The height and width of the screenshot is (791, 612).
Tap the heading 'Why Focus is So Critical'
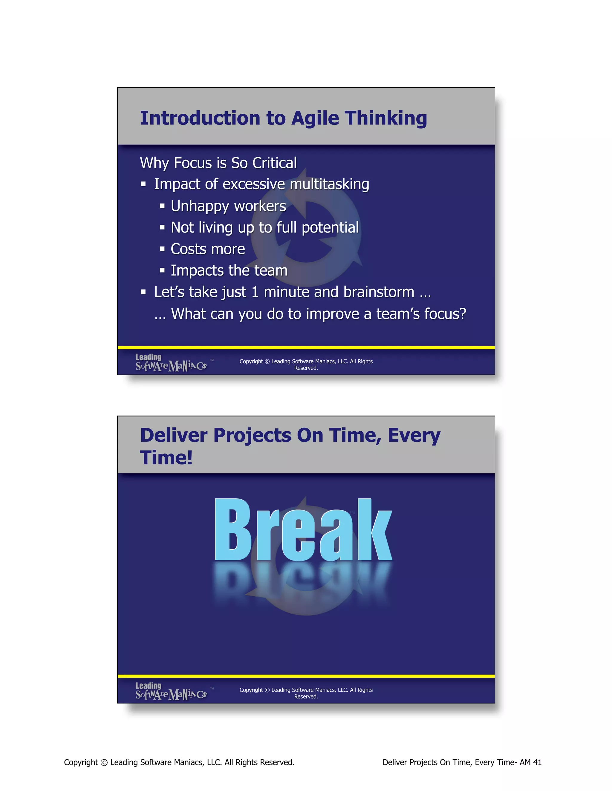click(x=218, y=163)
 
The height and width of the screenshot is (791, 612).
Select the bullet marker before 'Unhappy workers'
click(x=163, y=206)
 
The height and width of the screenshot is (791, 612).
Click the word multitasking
click(x=329, y=184)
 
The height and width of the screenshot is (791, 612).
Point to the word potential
click(x=330, y=228)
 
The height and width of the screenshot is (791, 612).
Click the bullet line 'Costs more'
click(x=208, y=249)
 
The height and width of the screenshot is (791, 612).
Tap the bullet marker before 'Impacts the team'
click(x=163, y=270)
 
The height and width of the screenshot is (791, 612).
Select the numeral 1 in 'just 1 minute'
click(x=255, y=292)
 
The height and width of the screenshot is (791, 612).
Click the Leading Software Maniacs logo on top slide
click(x=171, y=363)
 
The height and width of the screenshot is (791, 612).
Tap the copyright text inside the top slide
click(x=306, y=364)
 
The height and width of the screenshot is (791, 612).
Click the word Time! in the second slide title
click(x=166, y=457)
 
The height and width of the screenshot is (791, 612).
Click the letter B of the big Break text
click(x=232, y=530)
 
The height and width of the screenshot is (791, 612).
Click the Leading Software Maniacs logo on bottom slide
click(x=171, y=691)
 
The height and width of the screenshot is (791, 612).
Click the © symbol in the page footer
click(x=104, y=762)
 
